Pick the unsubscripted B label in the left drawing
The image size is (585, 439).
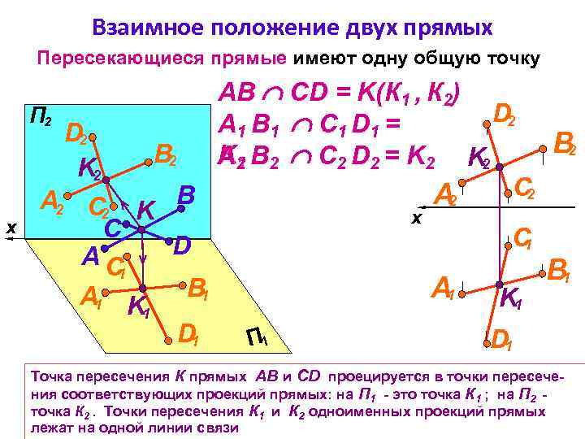(186, 194)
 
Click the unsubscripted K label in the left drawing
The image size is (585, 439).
(146, 210)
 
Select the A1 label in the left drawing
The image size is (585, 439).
(91, 298)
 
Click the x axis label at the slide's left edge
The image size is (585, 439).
(11, 230)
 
